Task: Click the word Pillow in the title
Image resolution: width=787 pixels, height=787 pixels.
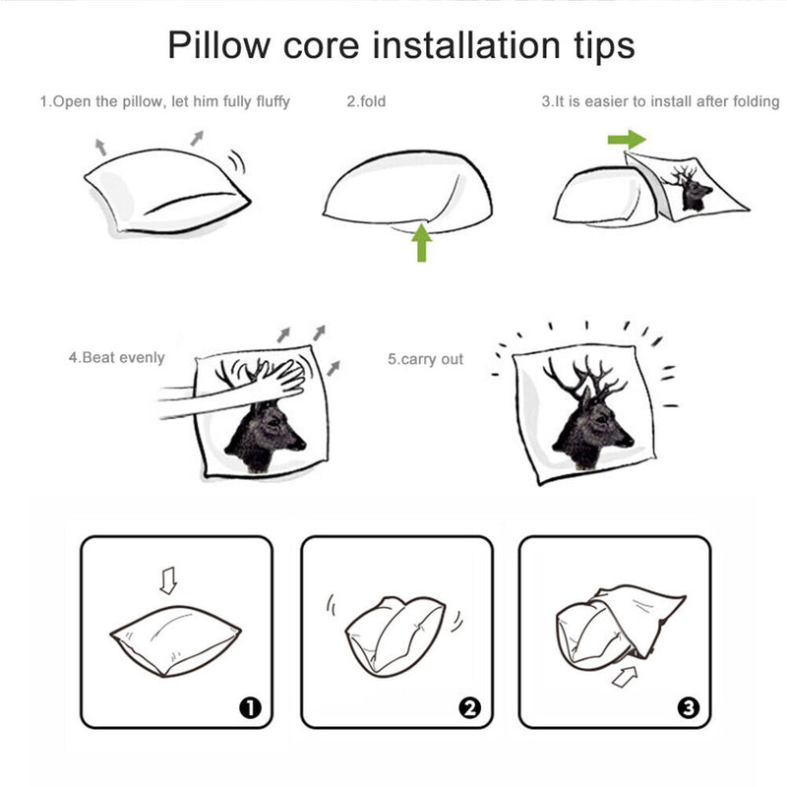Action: pos(218,45)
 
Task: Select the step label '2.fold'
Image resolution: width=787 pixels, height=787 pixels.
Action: pos(366,101)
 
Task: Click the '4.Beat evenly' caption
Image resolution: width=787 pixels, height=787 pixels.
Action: pos(116,357)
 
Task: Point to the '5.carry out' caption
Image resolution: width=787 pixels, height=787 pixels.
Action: pos(425,359)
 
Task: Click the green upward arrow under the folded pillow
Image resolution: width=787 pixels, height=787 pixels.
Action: pos(422,243)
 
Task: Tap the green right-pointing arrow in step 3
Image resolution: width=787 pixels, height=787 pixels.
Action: pos(627,140)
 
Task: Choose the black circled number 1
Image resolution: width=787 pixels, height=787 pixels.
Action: pos(251,707)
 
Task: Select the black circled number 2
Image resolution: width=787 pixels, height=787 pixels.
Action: pos(470,707)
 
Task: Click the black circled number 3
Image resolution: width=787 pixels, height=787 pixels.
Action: pos(688,707)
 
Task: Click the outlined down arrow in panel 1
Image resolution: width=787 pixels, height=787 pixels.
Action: pos(168,580)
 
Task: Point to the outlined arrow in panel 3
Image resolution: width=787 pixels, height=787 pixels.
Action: pos(625,677)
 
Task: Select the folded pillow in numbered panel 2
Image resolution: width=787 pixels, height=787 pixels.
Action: pos(395,635)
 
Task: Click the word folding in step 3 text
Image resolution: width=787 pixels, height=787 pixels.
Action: pos(756,102)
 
